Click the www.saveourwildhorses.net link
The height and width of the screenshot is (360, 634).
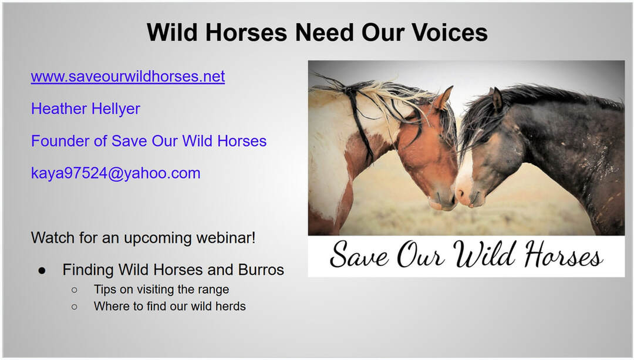point(128,76)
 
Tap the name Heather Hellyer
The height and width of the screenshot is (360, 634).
point(85,109)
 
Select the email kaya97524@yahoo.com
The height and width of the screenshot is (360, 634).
point(116,173)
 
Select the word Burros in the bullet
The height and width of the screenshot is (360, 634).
point(261,270)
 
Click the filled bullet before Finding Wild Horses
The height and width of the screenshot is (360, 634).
point(42,271)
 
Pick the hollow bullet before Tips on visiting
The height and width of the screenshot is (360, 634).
point(74,290)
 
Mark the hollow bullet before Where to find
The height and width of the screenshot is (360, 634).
point(74,307)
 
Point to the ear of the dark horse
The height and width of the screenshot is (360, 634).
point(497,99)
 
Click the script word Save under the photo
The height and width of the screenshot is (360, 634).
point(359,255)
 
